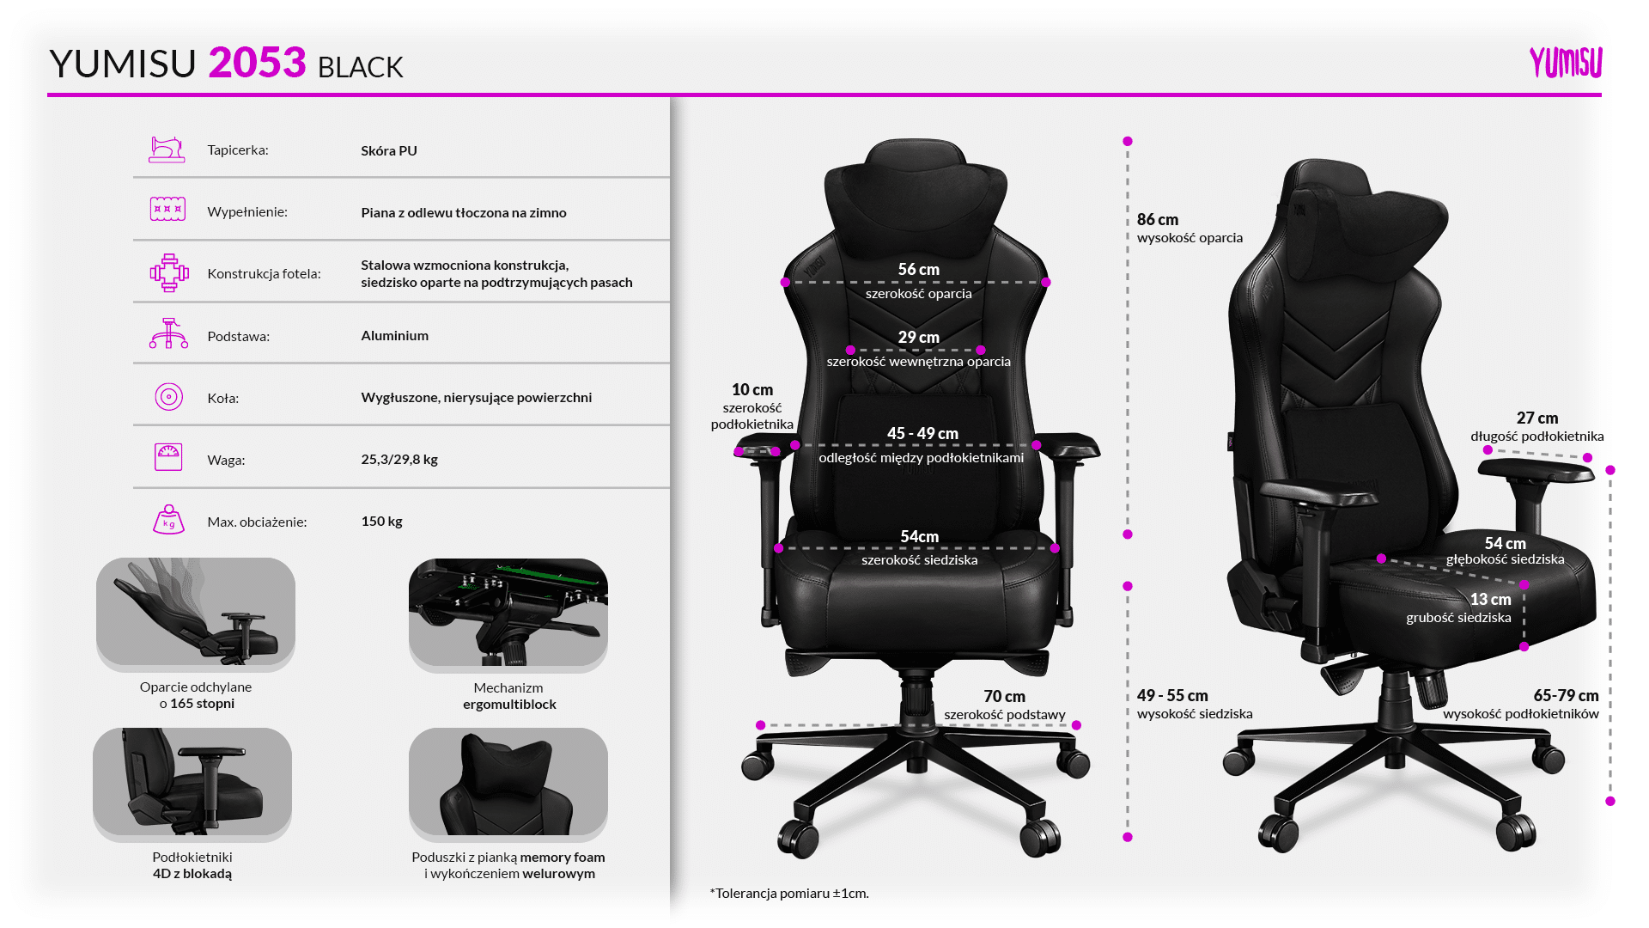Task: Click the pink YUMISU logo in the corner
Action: (1566, 63)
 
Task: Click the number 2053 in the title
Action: (257, 63)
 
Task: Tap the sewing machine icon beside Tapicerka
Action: (167, 150)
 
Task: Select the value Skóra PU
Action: (389, 150)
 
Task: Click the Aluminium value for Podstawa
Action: (395, 335)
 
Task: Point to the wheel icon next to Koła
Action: (168, 397)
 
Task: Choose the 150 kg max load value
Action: (382, 521)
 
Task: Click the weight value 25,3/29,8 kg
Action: (399, 459)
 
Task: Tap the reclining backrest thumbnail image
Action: (196, 614)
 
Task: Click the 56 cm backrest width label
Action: (919, 270)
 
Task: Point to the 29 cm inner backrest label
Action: (919, 338)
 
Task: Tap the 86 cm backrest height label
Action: (1158, 220)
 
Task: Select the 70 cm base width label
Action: (1005, 697)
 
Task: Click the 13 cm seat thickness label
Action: (1490, 600)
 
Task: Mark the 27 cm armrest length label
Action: (1537, 418)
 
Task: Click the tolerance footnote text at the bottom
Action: (789, 893)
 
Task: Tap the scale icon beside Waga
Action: (168, 457)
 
